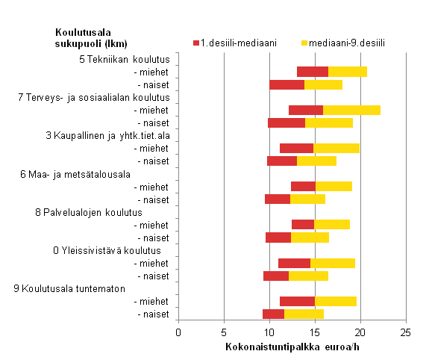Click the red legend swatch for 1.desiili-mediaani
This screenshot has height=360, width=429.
[x=195, y=43]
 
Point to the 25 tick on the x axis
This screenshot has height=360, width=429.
[x=404, y=332]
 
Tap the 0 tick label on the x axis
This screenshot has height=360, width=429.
[x=178, y=332]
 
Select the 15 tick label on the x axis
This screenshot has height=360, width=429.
[x=314, y=332]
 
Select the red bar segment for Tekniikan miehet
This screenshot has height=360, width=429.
[x=313, y=72]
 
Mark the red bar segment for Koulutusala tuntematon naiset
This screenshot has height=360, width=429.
[x=273, y=314]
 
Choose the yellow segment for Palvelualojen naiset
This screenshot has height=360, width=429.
[x=310, y=238]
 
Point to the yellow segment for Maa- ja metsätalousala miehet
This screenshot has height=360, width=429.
[x=334, y=186]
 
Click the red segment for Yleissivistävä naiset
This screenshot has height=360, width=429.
[x=276, y=276]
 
